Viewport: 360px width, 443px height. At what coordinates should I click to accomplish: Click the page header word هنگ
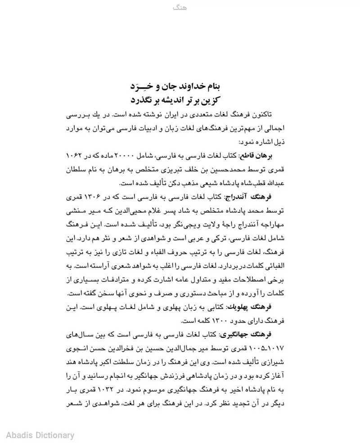point(180,8)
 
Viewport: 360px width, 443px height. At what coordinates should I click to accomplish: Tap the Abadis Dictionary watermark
point(40,435)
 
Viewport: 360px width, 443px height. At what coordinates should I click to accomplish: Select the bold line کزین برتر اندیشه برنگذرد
point(180,99)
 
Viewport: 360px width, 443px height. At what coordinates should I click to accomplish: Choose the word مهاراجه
point(272,224)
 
